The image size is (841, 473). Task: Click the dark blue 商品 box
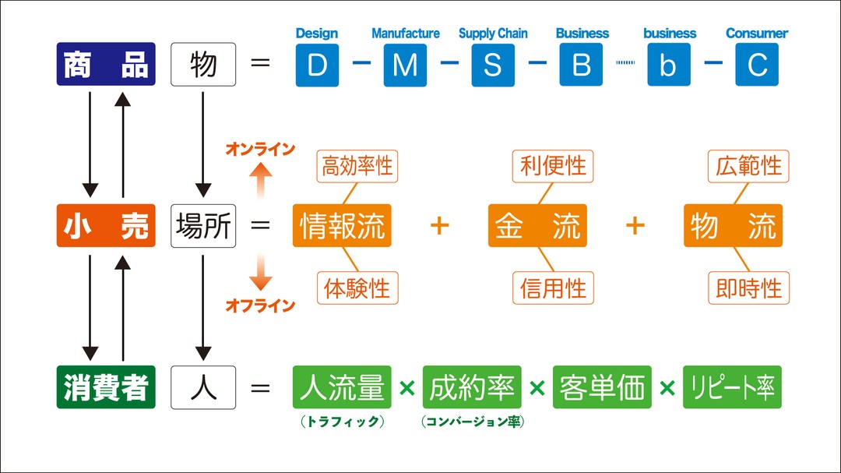(x=106, y=64)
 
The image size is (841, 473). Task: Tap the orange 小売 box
(x=106, y=225)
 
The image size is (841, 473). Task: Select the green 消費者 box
(x=106, y=387)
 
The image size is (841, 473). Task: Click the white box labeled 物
(x=202, y=64)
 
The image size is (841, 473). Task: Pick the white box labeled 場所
(x=202, y=225)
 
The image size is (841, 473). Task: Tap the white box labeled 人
(x=202, y=387)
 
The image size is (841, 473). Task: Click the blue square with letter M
(x=405, y=65)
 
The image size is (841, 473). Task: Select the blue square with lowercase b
(x=668, y=65)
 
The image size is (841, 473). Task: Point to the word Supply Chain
(x=493, y=34)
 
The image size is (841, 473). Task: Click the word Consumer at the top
(x=756, y=34)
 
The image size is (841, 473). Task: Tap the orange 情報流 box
(x=342, y=226)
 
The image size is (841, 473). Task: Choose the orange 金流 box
(x=537, y=226)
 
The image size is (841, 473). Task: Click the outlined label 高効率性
(x=357, y=167)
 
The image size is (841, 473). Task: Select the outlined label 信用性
(x=553, y=288)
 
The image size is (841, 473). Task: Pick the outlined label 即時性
(x=749, y=288)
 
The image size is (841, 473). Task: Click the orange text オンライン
(x=260, y=149)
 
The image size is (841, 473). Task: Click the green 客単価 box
(x=602, y=387)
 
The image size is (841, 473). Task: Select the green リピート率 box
(x=732, y=387)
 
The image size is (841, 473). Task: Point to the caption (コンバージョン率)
(x=472, y=422)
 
